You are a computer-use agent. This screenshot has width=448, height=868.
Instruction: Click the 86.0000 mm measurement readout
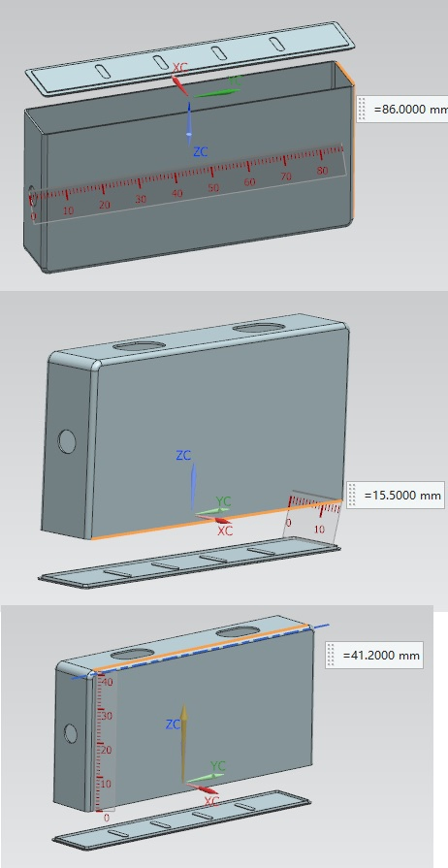coord(410,109)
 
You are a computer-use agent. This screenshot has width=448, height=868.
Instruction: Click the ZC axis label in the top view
coord(201,151)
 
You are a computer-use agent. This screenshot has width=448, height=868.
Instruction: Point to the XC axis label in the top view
coord(180,68)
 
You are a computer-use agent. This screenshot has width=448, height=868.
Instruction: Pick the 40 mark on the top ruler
coord(177,193)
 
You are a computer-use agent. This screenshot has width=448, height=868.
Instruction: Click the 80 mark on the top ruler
coord(323,170)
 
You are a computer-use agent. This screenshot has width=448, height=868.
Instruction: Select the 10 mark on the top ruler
coord(68,210)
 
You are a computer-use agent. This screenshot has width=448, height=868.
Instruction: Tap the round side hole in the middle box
coord(67,441)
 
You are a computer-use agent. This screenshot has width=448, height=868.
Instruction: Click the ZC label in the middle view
coord(183,456)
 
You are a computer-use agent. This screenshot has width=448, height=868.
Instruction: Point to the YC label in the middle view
coord(223,501)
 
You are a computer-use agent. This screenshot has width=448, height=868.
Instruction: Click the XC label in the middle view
coord(225,530)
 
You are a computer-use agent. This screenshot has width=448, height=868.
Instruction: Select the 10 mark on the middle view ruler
coord(319,530)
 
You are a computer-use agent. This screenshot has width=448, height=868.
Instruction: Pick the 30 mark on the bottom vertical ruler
coord(107,716)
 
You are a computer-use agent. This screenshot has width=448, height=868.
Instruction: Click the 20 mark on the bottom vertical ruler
coord(107,750)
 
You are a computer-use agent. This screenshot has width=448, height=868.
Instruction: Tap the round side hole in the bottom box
coord(71,733)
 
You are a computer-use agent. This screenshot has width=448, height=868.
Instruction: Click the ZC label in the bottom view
coord(174,724)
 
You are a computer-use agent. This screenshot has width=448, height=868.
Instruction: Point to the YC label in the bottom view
coord(218,765)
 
